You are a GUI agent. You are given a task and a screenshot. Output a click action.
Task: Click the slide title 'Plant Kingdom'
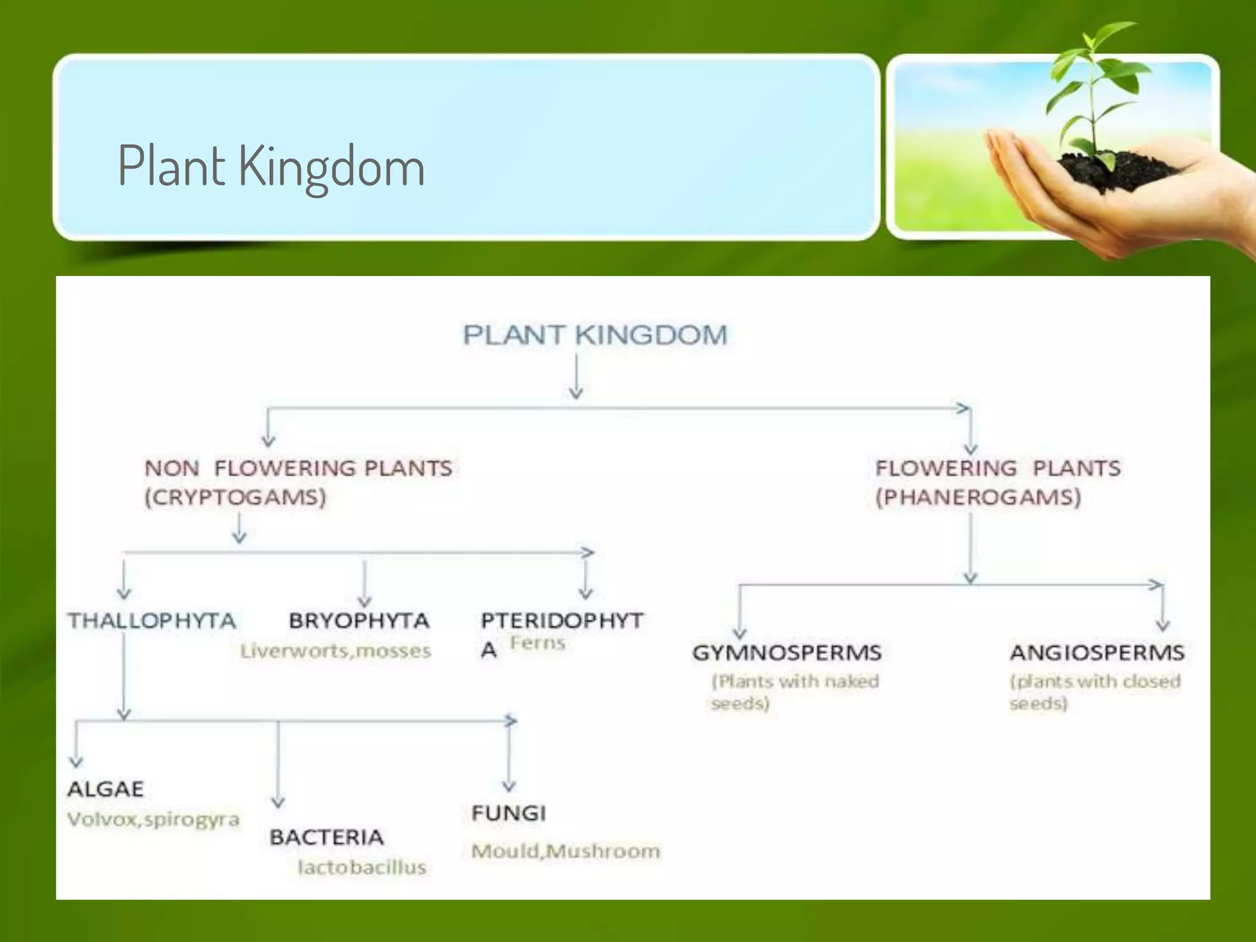pyautogui.click(x=270, y=165)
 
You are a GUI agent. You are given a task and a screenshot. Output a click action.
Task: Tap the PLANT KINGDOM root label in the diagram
pyautogui.click(x=594, y=335)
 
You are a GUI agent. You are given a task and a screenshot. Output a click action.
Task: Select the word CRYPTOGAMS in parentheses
pyautogui.click(x=235, y=497)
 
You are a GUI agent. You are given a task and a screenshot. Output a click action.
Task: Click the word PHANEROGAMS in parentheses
pyautogui.click(x=978, y=497)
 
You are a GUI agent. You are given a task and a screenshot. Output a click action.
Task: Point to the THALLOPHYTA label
pyautogui.click(x=151, y=621)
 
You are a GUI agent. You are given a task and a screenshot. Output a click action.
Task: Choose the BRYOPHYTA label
pyautogui.click(x=359, y=621)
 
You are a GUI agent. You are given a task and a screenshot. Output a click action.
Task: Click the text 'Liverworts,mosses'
pyautogui.click(x=335, y=651)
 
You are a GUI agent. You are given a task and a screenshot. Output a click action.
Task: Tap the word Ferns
pyautogui.click(x=537, y=643)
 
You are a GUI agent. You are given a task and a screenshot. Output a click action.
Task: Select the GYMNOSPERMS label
pyautogui.click(x=787, y=653)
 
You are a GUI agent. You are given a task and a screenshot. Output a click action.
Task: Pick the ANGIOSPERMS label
pyautogui.click(x=1097, y=653)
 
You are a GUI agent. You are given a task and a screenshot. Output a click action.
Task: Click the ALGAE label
pyautogui.click(x=105, y=789)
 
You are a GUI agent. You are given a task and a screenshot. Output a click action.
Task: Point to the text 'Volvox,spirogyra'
pyautogui.click(x=153, y=819)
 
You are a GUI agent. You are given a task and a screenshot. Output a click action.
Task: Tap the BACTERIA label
pyautogui.click(x=326, y=837)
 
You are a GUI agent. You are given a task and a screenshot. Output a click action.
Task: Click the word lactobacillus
pyautogui.click(x=362, y=867)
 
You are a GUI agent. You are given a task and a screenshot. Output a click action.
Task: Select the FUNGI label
pyautogui.click(x=508, y=813)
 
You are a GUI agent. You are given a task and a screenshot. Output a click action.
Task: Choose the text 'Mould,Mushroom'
pyautogui.click(x=565, y=851)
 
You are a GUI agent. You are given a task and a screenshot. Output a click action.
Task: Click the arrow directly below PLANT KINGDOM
pyautogui.click(x=576, y=377)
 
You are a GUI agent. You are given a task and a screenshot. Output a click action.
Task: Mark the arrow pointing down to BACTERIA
pyautogui.click(x=278, y=764)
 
